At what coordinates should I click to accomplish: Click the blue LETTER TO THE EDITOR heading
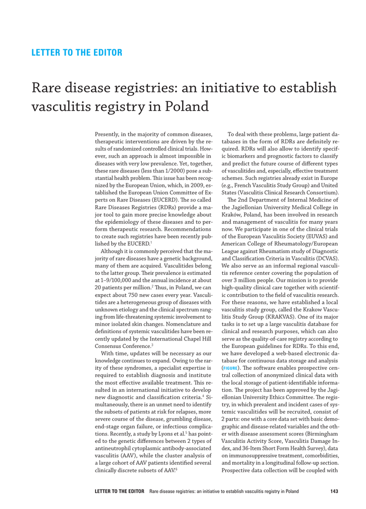point(77,52)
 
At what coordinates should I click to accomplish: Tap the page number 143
point(334,492)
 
